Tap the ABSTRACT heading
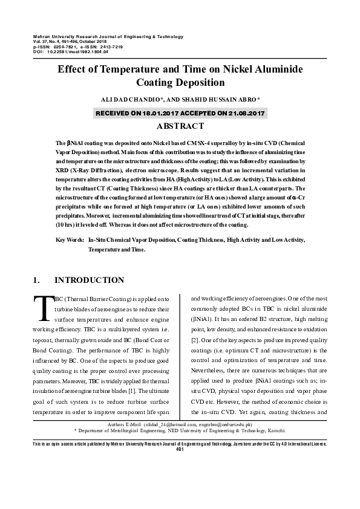(x=180, y=126)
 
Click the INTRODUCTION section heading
(x=90, y=280)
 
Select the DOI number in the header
(x=73, y=52)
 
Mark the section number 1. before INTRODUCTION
(x=36, y=280)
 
